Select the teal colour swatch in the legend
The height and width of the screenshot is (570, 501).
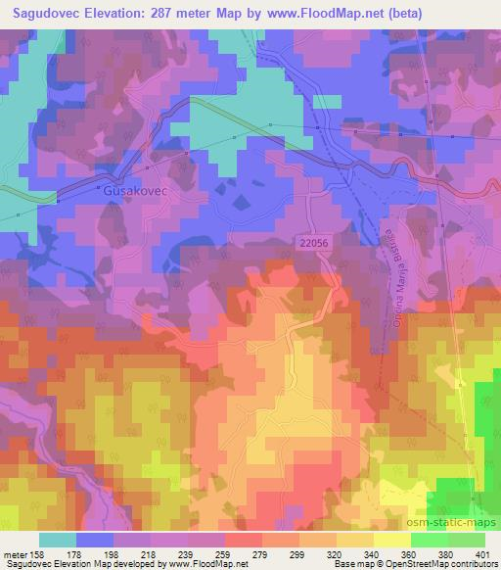58,540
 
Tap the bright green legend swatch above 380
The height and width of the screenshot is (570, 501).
430,540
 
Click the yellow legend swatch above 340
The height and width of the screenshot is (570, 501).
355,540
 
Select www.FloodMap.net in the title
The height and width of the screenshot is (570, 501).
333,13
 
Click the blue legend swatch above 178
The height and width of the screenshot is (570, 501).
95,540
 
